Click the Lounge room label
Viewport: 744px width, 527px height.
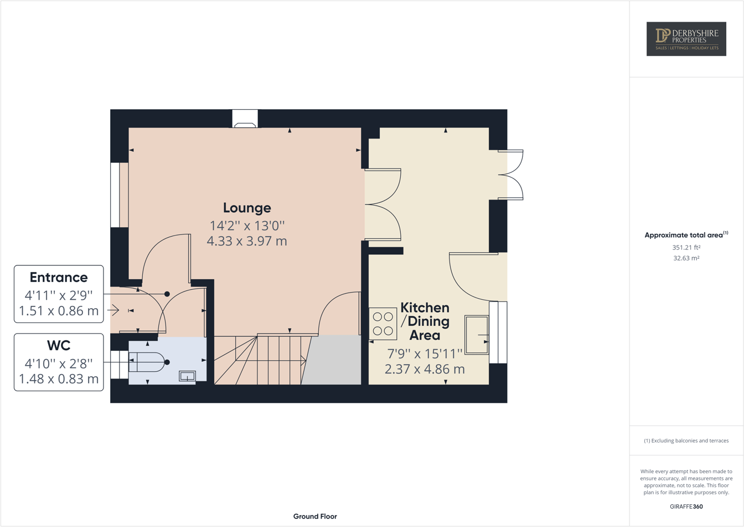[x=247, y=208]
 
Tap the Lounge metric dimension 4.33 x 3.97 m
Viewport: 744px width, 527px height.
[x=247, y=241]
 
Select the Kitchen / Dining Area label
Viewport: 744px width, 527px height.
[x=425, y=321]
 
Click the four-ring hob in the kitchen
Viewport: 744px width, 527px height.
[x=383, y=324]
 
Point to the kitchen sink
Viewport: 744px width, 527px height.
[x=476, y=335]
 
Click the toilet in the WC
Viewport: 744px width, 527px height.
[x=147, y=362]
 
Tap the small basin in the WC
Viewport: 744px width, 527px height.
[x=187, y=376]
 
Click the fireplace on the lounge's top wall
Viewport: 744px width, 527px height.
[x=245, y=119]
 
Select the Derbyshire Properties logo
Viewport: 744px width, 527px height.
[x=686, y=39]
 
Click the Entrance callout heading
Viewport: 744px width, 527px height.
[x=59, y=277]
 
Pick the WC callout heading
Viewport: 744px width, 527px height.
[x=59, y=345]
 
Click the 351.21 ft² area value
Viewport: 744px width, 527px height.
[x=686, y=247]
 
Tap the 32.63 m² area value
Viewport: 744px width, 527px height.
[x=686, y=258]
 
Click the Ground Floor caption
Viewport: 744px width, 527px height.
[x=315, y=516]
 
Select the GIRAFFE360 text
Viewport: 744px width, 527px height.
[x=686, y=506]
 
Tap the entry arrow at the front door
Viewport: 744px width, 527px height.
[x=113, y=310]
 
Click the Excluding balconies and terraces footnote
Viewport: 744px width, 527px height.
[x=686, y=441]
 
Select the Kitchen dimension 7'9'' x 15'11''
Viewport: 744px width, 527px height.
[x=425, y=353]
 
